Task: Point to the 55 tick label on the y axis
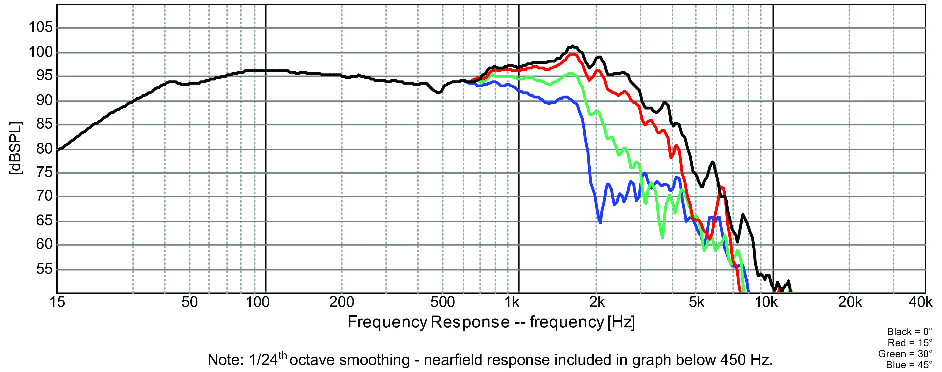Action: pos(45,269)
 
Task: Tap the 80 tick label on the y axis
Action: pos(45,148)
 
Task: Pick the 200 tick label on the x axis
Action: pos(342,302)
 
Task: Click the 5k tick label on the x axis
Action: pos(696,302)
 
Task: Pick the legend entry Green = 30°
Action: pos(905,354)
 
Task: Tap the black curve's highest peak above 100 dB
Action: pos(573,46)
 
